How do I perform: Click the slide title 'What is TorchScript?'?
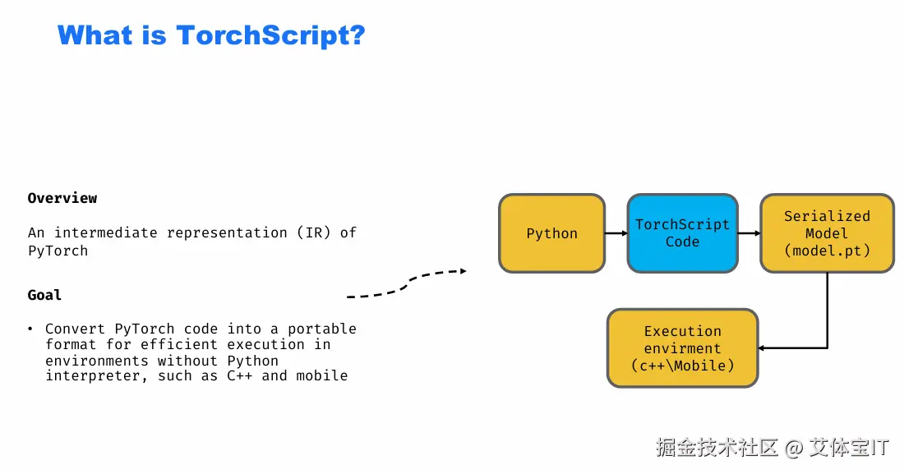click(x=211, y=35)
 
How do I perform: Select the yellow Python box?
click(x=551, y=233)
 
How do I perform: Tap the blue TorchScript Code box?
click(x=682, y=233)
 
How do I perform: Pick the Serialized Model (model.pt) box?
click(x=826, y=233)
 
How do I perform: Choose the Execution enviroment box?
click(x=682, y=348)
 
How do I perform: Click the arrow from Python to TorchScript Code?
click(x=616, y=233)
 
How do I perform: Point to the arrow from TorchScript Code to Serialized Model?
click(x=749, y=233)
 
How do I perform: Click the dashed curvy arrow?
click(x=407, y=283)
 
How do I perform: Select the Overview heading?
click(x=62, y=198)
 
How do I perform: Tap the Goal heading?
click(x=44, y=295)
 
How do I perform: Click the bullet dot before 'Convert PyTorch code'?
click(x=30, y=329)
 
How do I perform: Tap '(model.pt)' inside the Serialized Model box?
click(x=826, y=251)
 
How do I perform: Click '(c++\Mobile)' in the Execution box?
click(x=682, y=366)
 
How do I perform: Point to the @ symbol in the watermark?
click(x=792, y=449)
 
